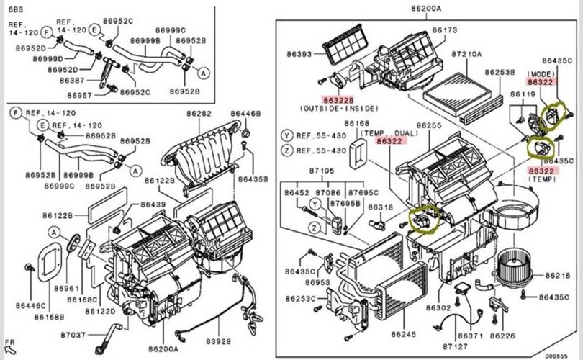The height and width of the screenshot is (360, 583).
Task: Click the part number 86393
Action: point(299,54)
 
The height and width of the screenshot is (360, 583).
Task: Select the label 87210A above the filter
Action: point(466,54)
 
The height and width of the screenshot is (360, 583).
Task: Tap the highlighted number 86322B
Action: point(338,100)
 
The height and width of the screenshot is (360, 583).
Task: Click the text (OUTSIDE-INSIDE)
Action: point(339,108)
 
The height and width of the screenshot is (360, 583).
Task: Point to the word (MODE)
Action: point(541,74)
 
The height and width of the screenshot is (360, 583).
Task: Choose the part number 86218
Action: point(558,276)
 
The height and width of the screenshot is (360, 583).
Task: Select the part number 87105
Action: point(322,171)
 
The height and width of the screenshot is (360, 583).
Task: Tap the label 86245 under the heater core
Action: point(403,334)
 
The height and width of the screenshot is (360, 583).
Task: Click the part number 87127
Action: point(455,346)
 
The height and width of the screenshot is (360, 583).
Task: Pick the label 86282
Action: point(199,114)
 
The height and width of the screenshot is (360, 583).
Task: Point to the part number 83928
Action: point(218,341)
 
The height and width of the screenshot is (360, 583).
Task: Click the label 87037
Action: point(73,335)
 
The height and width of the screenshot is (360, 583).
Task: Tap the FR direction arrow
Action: point(10,349)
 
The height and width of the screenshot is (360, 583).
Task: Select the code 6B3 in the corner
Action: point(15,9)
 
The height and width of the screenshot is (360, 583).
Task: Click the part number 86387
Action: point(72,81)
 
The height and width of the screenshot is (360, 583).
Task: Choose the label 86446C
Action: point(30,306)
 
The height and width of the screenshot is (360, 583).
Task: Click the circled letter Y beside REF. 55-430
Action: point(286,136)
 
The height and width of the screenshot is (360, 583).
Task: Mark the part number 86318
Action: point(380,207)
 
